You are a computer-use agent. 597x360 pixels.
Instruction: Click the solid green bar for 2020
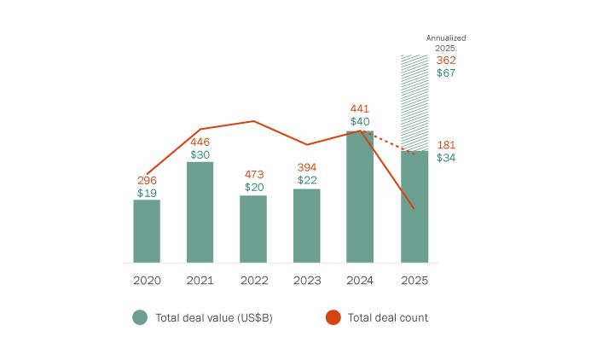point(147,231)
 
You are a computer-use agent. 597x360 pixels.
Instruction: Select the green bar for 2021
point(200,212)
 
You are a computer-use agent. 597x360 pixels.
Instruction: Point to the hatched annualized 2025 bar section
point(414,102)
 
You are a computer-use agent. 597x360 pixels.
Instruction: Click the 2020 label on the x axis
point(147,280)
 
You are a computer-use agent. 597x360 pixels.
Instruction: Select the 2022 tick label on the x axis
point(253,280)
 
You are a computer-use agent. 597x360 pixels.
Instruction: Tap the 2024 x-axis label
point(361,280)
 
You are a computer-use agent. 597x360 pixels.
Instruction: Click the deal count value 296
point(147,181)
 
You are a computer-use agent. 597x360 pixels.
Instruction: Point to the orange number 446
point(200,142)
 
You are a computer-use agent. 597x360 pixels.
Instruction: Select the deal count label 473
point(253,174)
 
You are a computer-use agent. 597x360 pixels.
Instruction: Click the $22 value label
point(307,180)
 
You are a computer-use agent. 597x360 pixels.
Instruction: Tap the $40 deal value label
point(360,122)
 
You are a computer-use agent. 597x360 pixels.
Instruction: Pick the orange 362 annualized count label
point(446,61)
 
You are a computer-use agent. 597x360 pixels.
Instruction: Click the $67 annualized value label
point(446,73)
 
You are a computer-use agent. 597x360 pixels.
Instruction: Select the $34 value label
point(446,158)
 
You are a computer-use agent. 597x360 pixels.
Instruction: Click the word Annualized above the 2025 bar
point(446,38)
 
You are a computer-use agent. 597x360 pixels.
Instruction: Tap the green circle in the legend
point(141,317)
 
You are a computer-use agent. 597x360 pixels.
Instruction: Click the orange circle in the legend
point(333,317)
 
